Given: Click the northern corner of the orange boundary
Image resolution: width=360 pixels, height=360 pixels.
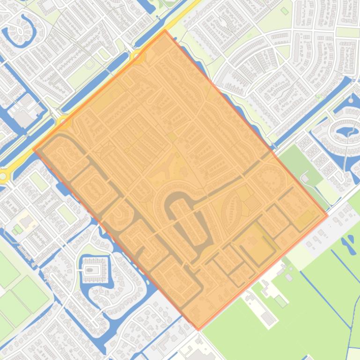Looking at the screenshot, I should (165, 30).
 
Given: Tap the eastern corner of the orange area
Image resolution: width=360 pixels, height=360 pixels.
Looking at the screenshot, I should (327, 216).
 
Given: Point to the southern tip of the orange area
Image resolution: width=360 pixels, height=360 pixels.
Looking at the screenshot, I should (198, 330).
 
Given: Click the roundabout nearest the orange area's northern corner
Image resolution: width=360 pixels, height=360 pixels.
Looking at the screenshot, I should (138, 56).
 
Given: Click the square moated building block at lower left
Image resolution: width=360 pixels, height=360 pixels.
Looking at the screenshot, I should (93, 270).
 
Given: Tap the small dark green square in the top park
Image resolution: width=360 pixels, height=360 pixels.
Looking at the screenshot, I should (285, 11).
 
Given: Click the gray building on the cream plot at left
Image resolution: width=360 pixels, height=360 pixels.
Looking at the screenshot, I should (25, 219).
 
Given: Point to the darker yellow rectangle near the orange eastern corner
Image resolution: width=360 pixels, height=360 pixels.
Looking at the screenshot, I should (307, 217).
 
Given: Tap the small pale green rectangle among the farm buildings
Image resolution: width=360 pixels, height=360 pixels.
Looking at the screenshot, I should (281, 301).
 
